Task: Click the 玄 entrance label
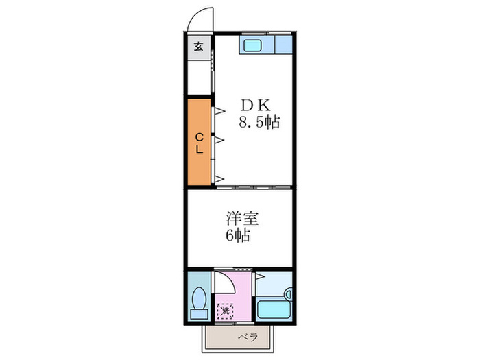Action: pyautogui.click(x=198, y=47)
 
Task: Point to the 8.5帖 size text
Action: pyautogui.click(x=259, y=123)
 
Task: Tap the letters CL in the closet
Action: pyautogui.click(x=199, y=143)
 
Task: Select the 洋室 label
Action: pyautogui.click(x=243, y=219)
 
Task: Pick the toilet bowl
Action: pyautogui.click(x=200, y=298)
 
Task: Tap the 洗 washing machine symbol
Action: pyautogui.click(x=226, y=311)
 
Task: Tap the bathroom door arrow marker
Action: pyautogui.click(x=261, y=276)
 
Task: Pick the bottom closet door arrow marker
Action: pyautogui.click(x=221, y=180)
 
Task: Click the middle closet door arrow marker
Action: pyautogui.click(x=221, y=140)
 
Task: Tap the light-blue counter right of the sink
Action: pyautogui.click(x=283, y=46)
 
